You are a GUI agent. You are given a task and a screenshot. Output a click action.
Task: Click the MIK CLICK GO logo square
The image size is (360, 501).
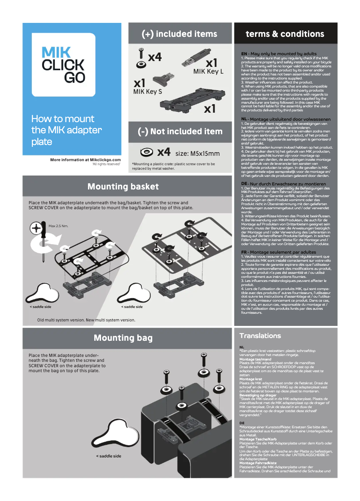click(63, 64)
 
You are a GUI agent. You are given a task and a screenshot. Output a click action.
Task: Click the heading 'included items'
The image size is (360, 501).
click(179, 34)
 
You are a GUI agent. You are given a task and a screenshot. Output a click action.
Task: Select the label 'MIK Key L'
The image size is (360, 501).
click(208, 71)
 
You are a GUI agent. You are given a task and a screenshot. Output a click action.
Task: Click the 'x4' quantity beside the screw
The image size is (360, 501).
click(154, 57)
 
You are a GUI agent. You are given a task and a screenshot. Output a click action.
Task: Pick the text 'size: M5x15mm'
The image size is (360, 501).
click(197, 153)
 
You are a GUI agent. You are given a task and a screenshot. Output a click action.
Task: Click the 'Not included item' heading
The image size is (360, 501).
click(180, 132)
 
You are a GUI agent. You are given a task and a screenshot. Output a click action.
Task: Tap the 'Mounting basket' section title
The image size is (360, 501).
click(123, 186)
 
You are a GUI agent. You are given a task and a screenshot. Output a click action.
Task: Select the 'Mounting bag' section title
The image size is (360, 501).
click(123, 338)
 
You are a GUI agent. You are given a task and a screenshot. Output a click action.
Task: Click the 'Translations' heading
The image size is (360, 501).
click(260, 336)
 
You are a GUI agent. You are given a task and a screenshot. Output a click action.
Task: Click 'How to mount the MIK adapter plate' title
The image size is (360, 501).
click(66, 131)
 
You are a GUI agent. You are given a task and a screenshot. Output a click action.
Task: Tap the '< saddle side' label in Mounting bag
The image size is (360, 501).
click(109, 456)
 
